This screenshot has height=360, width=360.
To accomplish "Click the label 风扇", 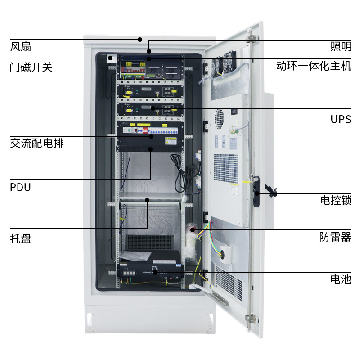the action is [21, 46].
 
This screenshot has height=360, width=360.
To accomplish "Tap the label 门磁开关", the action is [31, 67].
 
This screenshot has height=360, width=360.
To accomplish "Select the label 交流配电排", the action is [37, 144].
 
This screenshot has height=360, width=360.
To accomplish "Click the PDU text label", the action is [20, 187].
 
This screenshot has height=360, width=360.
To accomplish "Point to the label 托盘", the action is [21, 238].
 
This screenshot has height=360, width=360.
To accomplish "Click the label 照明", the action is [341, 46].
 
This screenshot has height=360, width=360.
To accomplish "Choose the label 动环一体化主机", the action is [314, 67].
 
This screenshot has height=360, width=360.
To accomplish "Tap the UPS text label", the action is [341, 119].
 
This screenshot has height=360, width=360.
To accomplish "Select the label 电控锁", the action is [335, 200].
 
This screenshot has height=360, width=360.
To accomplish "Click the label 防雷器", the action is [335, 237].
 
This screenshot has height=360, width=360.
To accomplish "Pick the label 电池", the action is [341, 279].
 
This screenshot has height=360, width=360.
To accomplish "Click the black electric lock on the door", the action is [256, 193].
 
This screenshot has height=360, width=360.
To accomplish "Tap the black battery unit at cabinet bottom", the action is [151, 272].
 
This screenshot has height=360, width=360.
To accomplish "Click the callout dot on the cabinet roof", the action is [140, 39].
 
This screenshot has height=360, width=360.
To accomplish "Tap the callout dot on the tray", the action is [147, 199].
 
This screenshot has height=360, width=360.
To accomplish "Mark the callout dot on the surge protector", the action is [193, 229].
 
